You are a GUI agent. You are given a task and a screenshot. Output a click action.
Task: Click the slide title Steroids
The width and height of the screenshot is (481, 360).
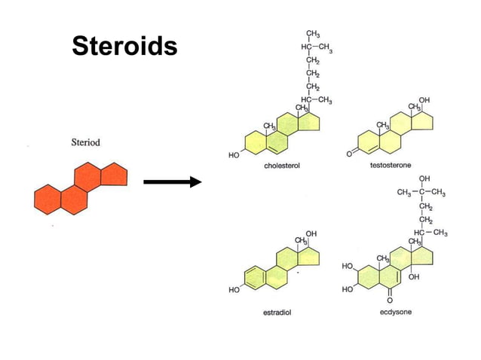[125, 47]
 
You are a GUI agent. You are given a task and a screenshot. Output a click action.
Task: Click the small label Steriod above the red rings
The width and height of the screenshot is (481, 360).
[85, 141]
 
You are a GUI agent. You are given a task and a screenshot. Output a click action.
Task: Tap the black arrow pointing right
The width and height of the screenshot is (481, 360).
[172, 182]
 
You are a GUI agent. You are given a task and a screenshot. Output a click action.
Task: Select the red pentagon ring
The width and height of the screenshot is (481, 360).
[112, 175]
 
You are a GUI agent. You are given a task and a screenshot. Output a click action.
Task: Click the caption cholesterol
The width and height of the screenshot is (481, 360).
[283, 166]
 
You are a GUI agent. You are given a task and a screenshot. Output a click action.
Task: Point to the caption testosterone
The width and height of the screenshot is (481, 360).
[390, 166]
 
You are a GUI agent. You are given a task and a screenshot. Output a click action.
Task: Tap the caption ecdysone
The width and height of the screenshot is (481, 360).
[395, 312]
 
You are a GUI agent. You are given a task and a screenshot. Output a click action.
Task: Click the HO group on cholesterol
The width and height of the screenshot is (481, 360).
[234, 154]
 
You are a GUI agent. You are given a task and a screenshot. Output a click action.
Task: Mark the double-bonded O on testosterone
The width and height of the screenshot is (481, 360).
[349, 153]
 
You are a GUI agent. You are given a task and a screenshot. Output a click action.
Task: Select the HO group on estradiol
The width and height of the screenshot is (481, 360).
[234, 290]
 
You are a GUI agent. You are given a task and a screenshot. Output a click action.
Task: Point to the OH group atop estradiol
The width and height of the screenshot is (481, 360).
[311, 233]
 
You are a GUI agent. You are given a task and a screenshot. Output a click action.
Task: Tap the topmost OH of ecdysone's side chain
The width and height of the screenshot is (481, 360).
[424, 178]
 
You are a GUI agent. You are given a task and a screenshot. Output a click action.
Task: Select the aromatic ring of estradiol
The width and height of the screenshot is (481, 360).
[256, 277]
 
